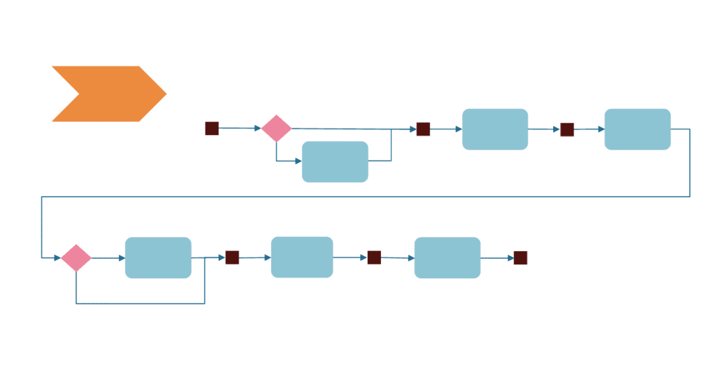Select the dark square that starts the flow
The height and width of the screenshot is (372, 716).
click(x=212, y=129)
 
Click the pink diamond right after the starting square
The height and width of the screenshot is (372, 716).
click(x=277, y=129)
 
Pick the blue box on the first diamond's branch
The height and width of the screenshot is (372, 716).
click(x=335, y=162)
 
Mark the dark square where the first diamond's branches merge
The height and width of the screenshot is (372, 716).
click(x=423, y=129)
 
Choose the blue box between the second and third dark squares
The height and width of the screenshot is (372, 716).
click(x=495, y=129)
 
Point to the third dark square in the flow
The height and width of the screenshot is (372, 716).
click(x=567, y=129)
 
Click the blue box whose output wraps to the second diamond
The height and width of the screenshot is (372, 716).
click(x=638, y=129)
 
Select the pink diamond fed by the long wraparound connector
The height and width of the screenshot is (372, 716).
click(x=76, y=258)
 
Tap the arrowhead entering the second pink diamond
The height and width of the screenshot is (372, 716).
click(x=57, y=258)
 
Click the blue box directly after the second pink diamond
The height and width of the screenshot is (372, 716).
click(x=158, y=258)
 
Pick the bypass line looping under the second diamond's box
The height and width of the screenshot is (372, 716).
click(x=140, y=303)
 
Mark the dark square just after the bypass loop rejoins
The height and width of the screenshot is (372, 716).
click(x=232, y=257)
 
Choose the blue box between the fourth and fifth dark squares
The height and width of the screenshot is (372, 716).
click(x=302, y=257)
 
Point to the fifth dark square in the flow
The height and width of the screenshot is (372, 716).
click(x=374, y=257)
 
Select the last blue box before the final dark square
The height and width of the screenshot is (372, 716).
click(x=447, y=258)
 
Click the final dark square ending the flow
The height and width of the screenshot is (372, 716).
click(x=520, y=258)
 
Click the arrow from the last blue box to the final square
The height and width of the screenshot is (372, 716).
click(x=497, y=258)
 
